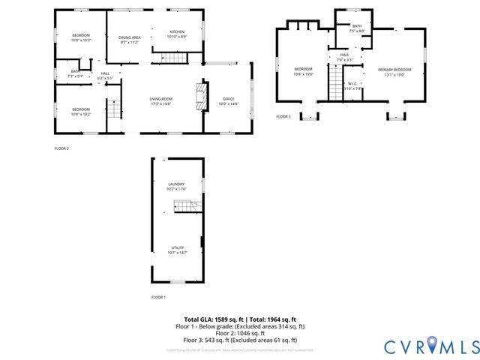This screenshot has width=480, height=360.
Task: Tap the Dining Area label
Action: click(x=130, y=39)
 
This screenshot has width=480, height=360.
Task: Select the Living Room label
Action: click(x=160, y=101)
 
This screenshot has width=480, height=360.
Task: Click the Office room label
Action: click(x=228, y=101)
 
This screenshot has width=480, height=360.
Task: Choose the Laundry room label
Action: click(x=176, y=186)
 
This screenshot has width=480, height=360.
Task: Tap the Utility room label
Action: click(x=177, y=250)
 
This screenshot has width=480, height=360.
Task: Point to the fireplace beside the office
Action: click(x=198, y=96)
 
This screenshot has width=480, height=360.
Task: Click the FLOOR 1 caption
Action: click(x=158, y=298)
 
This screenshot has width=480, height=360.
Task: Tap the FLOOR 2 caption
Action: click(x=61, y=148)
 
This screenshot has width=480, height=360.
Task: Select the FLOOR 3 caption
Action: click(x=283, y=117)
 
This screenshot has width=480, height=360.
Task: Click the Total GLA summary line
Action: click(x=240, y=319)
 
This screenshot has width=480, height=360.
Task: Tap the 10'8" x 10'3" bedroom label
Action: click(x=81, y=37)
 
